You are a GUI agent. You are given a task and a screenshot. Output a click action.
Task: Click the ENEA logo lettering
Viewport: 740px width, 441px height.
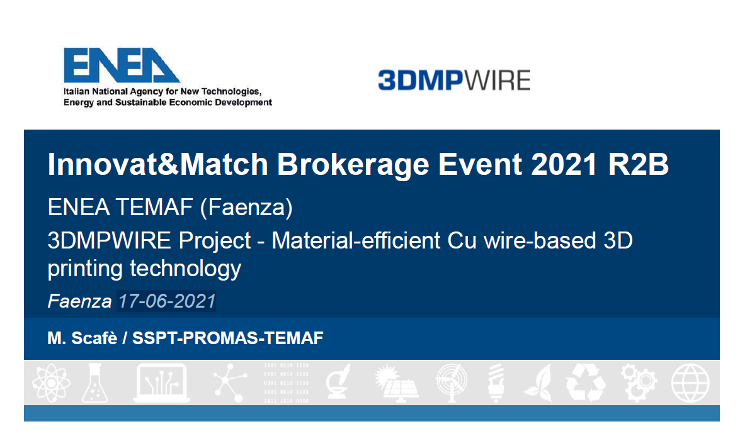click(x=122, y=65)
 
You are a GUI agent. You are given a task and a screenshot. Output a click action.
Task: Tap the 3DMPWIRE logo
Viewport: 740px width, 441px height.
click(x=454, y=80)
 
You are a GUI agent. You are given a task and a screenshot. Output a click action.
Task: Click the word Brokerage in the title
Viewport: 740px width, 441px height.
click(x=353, y=164)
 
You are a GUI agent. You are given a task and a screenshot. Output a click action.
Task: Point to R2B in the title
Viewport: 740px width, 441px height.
click(x=638, y=164)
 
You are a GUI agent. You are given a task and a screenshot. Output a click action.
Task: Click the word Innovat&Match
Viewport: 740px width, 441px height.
click(x=158, y=164)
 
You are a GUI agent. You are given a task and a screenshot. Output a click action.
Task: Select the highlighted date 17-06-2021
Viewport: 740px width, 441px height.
click(x=167, y=301)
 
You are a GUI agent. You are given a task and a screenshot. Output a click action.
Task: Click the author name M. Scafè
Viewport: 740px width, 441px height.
click(x=82, y=338)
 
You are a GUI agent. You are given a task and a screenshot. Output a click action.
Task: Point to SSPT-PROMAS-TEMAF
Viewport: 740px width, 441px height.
click(x=227, y=338)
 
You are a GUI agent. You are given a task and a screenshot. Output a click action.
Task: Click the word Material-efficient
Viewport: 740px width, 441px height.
click(x=356, y=240)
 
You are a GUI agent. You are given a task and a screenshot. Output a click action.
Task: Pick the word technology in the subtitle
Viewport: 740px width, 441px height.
click(x=185, y=269)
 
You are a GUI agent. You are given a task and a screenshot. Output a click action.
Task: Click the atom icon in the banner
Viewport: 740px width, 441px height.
click(x=52, y=382)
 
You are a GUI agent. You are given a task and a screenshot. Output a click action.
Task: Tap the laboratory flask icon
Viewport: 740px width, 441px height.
click(x=95, y=383)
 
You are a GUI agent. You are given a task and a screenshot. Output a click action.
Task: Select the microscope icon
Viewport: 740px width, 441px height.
click(x=338, y=382)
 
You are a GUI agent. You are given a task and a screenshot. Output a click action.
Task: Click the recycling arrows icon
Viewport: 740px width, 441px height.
click(x=585, y=382)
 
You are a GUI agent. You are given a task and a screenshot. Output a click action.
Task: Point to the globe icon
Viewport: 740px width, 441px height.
click(x=690, y=382)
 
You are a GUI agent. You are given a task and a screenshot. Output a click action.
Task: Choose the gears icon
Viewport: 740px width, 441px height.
click(x=639, y=382)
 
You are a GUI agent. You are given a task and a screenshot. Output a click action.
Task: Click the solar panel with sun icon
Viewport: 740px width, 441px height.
click(x=396, y=383)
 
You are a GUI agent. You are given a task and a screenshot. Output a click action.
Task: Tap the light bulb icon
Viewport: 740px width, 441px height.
click(x=496, y=382)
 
